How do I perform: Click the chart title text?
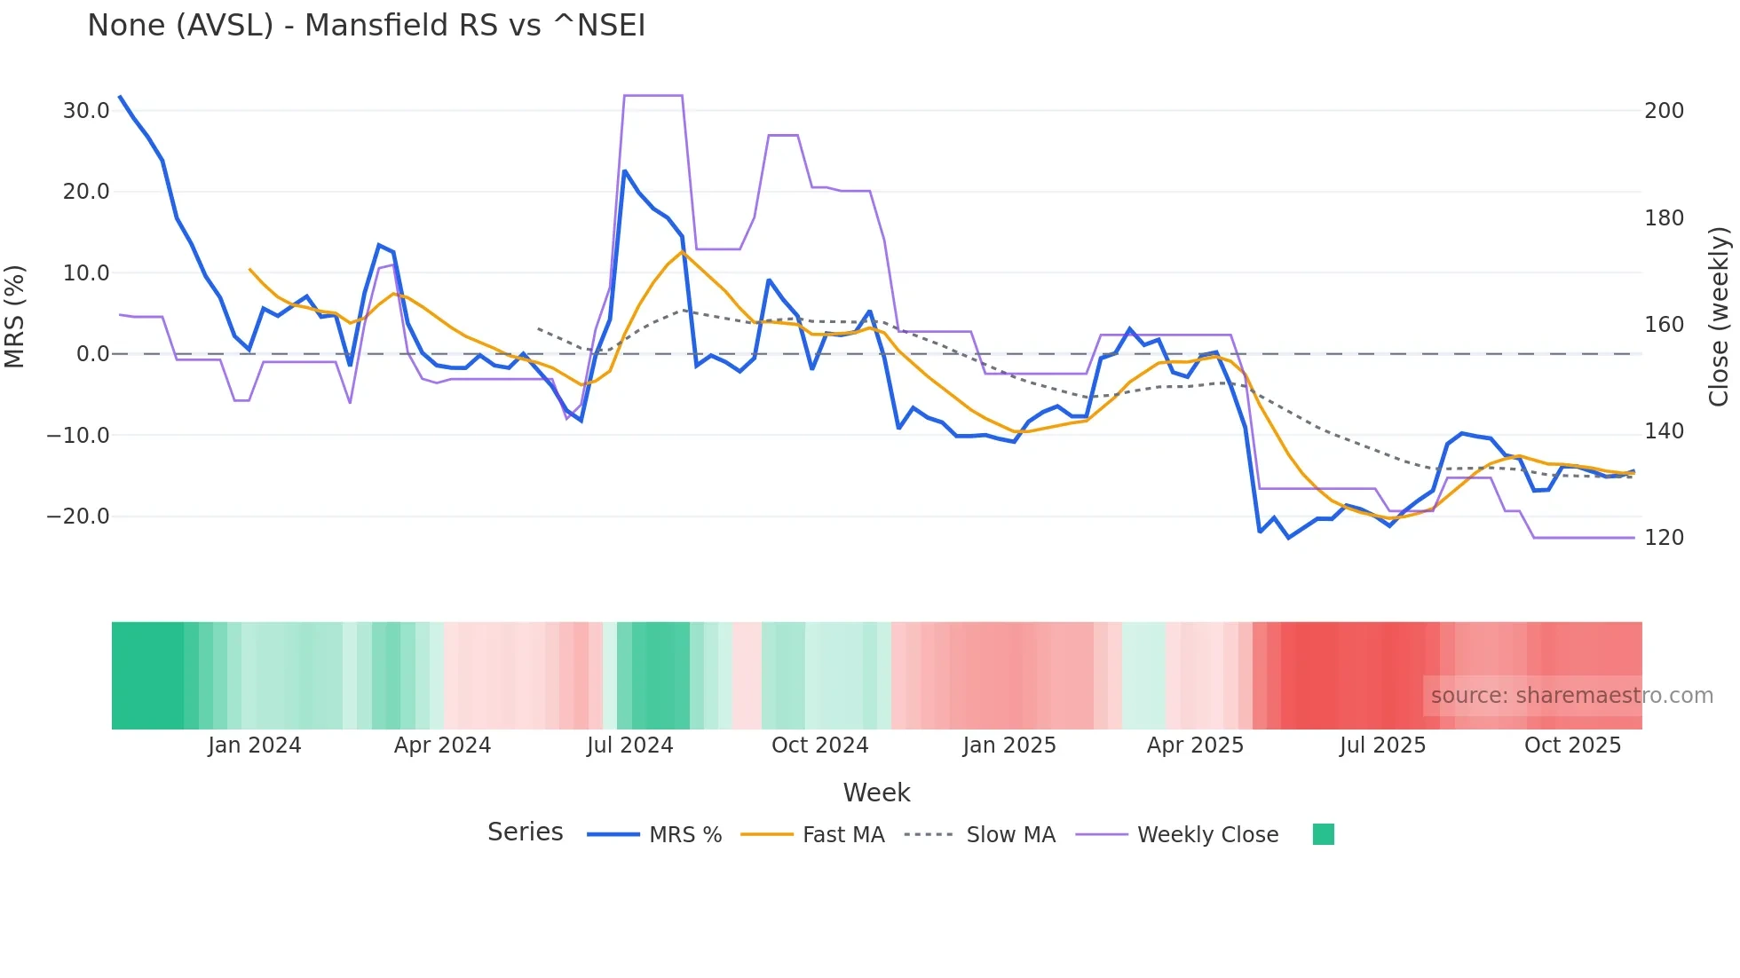(x=366, y=26)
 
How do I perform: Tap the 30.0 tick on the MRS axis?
(x=86, y=111)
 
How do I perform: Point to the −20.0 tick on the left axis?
(x=78, y=517)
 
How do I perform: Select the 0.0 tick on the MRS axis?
(x=93, y=354)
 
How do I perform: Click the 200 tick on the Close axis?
(x=1664, y=111)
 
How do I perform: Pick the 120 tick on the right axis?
(x=1664, y=538)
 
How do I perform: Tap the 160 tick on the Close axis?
(x=1664, y=325)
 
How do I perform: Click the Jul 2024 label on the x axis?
(x=629, y=745)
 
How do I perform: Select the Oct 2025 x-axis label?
(x=1572, y=745)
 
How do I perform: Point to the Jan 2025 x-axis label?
(x=1008, y=745)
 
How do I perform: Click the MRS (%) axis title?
(x=14, y=317)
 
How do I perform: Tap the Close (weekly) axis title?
(x=1719, y=317)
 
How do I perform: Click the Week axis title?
(x=876, y=793)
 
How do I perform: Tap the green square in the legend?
(x=1323, y=834)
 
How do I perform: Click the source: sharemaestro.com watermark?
(x=1571, y=696)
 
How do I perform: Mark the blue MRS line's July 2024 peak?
(x=625, y=171)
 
